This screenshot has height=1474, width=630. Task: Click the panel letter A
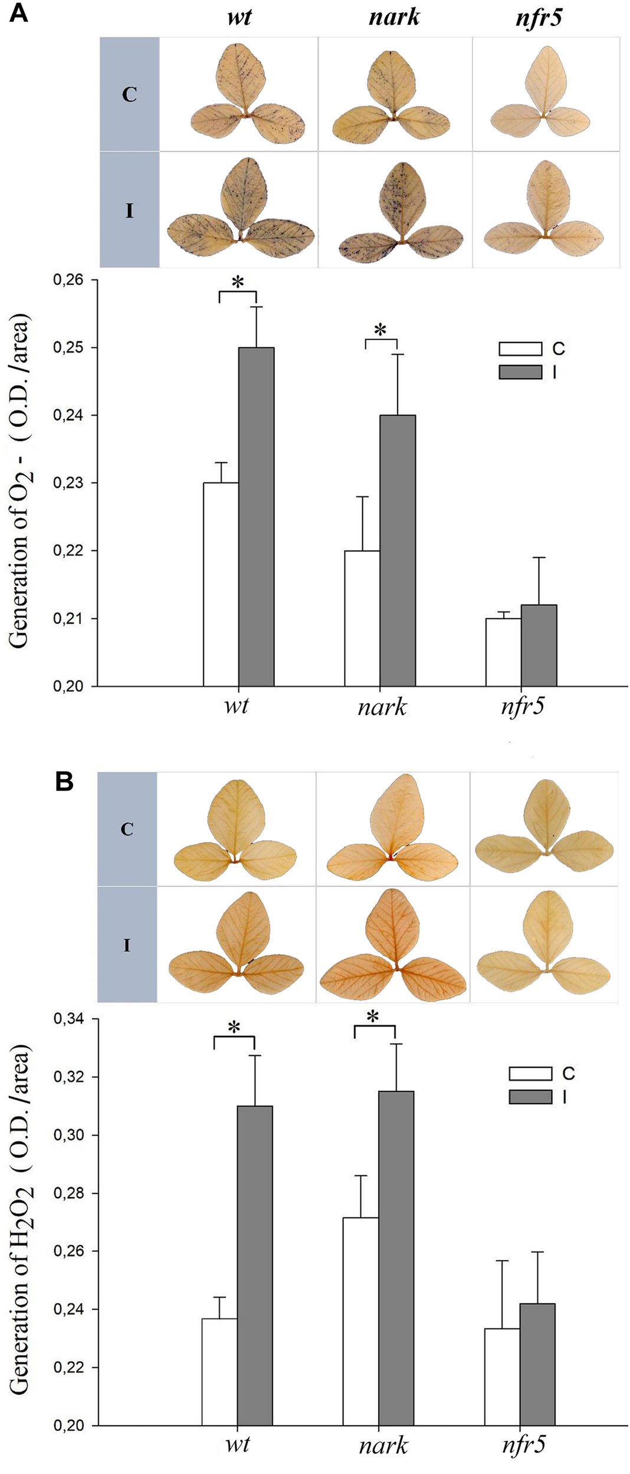tap(18, 12)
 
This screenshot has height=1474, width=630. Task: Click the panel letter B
tap(64, 782)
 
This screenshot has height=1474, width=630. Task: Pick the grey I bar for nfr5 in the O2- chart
tap(539, 645)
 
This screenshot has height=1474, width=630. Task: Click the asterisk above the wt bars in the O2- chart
tap(238, 283)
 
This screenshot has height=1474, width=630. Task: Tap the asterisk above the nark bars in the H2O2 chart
tap(373, 1016)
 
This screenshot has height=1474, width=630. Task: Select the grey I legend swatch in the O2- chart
tap(520, 372)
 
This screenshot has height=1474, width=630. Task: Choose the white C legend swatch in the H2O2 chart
tap(530, 1074)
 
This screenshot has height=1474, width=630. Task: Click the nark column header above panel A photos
tap(393, 17)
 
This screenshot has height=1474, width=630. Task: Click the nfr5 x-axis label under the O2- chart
tap(522, 706)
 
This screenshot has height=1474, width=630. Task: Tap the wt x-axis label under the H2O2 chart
tap(237, 1445)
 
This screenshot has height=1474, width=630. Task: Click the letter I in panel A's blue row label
tap(130, 210)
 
